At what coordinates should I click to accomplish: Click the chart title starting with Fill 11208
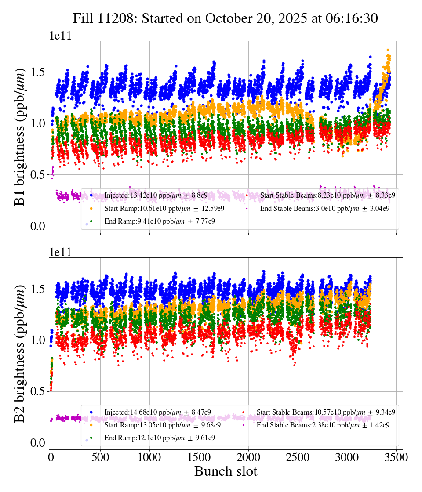coord(226,18)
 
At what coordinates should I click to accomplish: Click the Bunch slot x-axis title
coord(226,471)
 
